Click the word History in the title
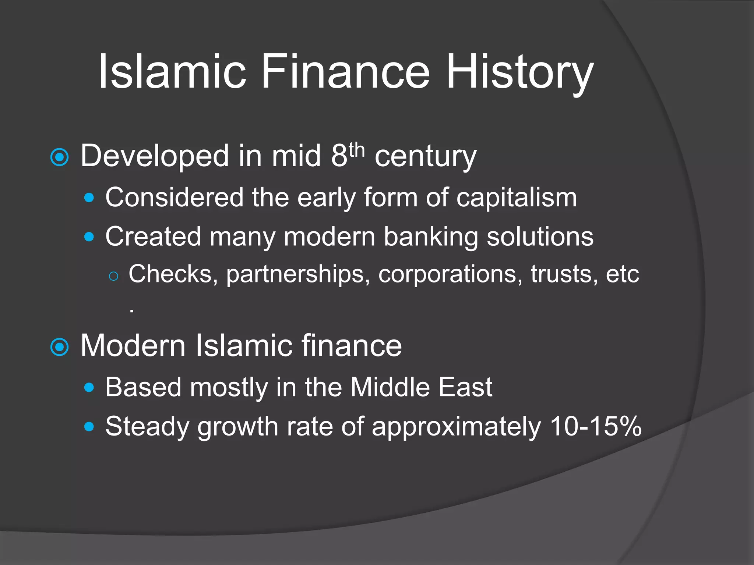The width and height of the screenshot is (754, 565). (519, 72)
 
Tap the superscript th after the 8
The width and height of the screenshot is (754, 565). (356, 150)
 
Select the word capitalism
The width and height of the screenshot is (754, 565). (517, 198)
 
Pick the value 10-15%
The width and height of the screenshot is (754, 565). (595, 427)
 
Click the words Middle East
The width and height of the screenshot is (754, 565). (421, 387)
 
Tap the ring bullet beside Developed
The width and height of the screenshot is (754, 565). (59, 157)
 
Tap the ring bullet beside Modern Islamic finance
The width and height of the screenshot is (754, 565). (59, 347)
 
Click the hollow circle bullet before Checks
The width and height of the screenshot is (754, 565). (114, 276)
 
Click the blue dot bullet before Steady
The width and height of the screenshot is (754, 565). (89, 427)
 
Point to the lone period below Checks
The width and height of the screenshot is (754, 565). (132, 311)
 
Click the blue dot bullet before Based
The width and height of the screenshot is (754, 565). (89, 387)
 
